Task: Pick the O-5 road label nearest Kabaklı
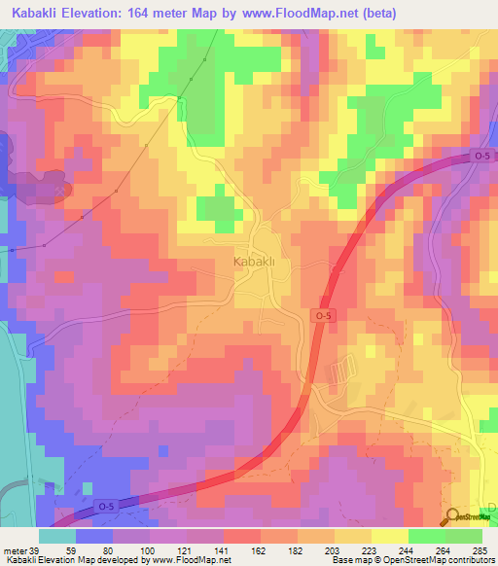324,316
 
